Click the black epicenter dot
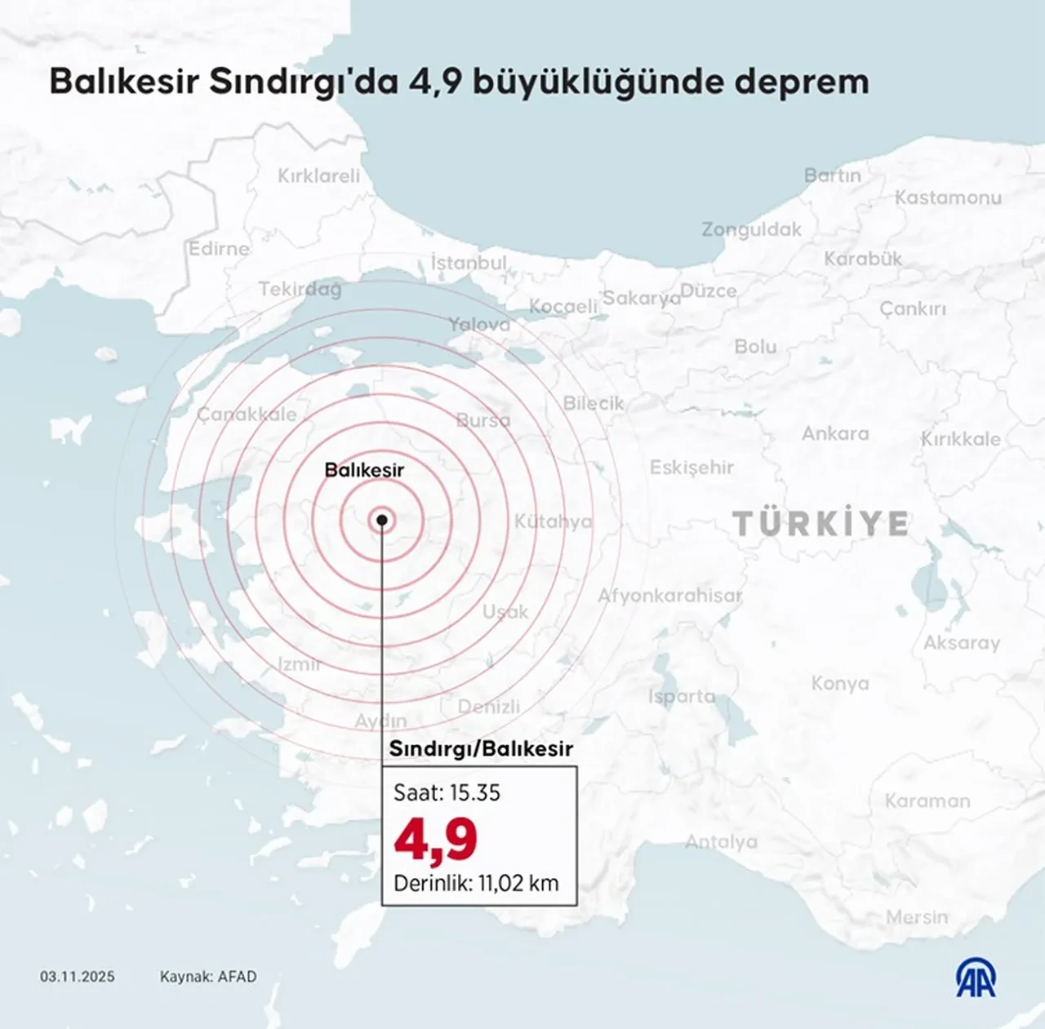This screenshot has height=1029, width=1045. coord(382,520)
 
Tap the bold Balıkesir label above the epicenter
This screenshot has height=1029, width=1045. coord(364,470)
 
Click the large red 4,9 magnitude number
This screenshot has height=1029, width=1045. coord(435,840)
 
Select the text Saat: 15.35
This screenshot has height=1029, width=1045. coord(447,792)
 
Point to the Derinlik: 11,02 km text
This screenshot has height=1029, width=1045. coord(476,883)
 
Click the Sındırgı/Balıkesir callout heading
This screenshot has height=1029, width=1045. coord(480,748)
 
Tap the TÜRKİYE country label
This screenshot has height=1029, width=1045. coord(820,524)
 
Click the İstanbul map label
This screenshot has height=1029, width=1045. coord(469,263)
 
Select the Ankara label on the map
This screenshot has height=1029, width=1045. coord(835,433)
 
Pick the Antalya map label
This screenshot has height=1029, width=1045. coord(721,841)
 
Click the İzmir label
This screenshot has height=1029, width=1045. coord(299,664)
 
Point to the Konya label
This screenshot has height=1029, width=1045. coord(840,683)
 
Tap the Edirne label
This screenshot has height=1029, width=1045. coord(219,248)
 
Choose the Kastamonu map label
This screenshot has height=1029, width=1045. coord(948,197)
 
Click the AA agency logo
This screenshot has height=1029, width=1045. coord(976,978)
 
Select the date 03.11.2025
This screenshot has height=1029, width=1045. coord(78,977)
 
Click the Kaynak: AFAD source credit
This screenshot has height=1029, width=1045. coord(208,977)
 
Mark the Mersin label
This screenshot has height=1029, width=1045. coord(917,917)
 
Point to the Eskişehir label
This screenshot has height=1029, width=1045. coord(691,468)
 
